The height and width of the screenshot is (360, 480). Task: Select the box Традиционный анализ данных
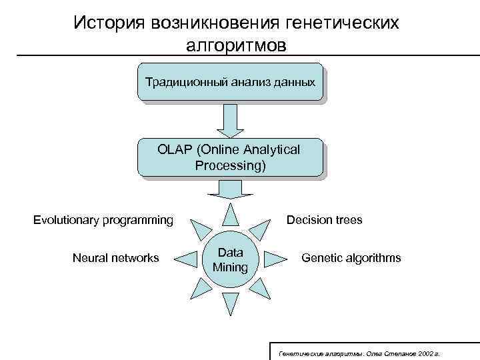pos(230,82)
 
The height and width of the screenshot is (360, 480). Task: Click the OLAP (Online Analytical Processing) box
pos(230,157)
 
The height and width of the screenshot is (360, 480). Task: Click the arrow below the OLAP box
pos(230,190)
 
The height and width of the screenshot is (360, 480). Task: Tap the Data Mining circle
pos(230,260)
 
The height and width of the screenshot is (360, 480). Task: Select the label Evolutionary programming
pos(103,220)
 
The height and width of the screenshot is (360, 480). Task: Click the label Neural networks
pos(116,258)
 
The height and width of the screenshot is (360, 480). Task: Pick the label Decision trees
pos(324,220)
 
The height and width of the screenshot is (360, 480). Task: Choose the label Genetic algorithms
pos(351,258)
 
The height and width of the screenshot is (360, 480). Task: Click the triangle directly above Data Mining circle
pos(230,215)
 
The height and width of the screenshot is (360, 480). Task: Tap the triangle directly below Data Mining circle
pos(230,303)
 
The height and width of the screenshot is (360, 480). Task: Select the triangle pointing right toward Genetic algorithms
pos(274,259)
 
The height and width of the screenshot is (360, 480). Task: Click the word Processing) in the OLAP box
pos(230,165)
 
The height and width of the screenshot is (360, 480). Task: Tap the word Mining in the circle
pos(230,267)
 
